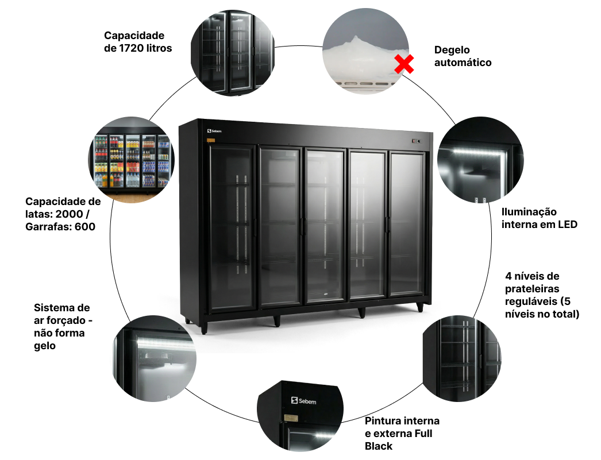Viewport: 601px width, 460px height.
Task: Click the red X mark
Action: point(404,64)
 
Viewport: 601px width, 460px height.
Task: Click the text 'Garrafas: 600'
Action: point(60,226)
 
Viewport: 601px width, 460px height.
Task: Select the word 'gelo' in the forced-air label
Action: point(45,345)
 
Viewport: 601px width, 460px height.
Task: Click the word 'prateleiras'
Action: point(532,289)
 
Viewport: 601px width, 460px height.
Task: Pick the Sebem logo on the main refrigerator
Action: point(214,132)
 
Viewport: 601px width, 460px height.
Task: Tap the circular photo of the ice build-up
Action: point(367,51)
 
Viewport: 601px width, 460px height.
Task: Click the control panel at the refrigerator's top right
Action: point(416,141)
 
